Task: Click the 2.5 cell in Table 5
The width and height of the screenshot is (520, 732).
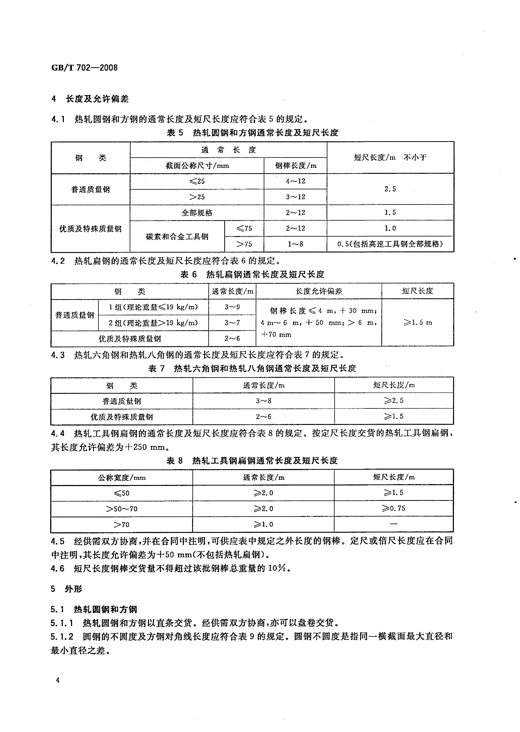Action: coord(390,189)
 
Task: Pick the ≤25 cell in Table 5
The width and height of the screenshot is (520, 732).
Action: coord(197,181)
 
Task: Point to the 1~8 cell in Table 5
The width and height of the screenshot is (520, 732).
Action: coord(295,244)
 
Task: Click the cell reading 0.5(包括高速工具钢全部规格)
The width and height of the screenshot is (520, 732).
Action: coord(390,244)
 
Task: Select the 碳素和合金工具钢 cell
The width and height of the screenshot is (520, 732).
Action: coord(177,236)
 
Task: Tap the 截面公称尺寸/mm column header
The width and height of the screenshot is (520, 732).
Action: coord(197,166)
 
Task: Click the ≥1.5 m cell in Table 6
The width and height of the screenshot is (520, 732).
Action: coord(417,323)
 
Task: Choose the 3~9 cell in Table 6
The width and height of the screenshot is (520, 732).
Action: coord(232,307)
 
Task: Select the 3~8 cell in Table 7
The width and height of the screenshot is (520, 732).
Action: coord(264,401)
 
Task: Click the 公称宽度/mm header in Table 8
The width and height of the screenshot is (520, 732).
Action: coord(122,478)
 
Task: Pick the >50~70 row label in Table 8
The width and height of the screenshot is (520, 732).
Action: coord(122,509)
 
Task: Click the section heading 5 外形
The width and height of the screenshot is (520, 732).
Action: coord(67,589)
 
